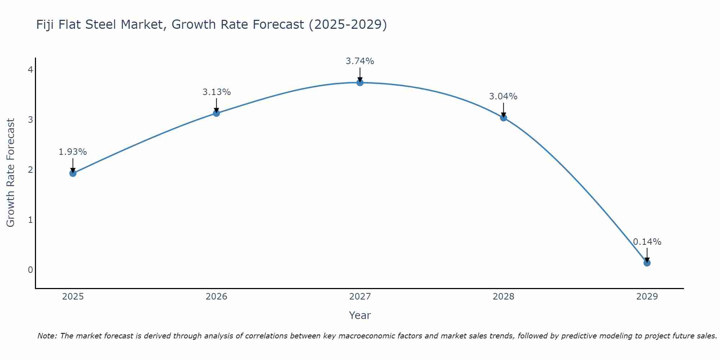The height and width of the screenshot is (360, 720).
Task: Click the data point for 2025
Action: point(73,173)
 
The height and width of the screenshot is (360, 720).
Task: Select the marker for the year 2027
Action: point(360,82)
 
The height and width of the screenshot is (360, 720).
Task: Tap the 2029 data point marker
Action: point(647,263)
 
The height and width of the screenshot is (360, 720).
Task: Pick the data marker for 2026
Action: point(216,113)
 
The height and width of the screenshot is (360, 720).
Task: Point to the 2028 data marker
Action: point(503,118)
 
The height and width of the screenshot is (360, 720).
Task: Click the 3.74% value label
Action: point(360,61)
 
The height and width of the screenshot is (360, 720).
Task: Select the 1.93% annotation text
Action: point(73,152)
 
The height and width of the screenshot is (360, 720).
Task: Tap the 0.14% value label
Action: point(647,242)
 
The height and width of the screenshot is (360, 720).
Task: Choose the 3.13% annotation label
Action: point(216,92)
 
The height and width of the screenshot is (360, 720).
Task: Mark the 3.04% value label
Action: point(503,96)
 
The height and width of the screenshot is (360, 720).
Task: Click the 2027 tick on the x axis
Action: point(360,297)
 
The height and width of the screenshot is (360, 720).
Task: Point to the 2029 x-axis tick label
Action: point(647,297)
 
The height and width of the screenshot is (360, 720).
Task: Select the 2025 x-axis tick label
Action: point(73,297)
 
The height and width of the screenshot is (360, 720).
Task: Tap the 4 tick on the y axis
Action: point(30,69)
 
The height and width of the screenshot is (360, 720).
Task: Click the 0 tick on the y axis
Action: point(30,270)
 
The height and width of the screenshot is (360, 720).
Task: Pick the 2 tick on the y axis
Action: point(30,170)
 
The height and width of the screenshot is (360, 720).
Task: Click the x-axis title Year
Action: point(360,315)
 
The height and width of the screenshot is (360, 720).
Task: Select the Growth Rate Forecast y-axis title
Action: point(11,173)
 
